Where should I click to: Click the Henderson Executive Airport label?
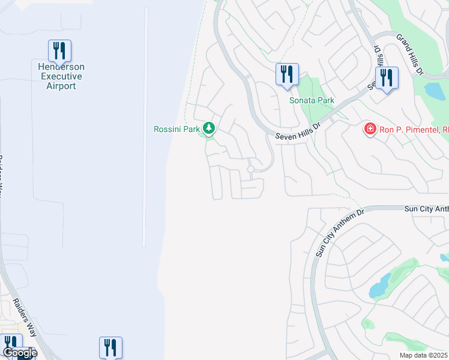[61, 77]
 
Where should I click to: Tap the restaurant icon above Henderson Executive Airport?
[59, 51]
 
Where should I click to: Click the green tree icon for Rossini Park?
[209, 128]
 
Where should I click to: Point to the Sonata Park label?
[312, 101]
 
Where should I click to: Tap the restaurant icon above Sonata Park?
[287, 74]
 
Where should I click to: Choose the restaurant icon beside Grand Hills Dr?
[386, 78]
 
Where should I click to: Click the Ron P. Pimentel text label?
[415, 128]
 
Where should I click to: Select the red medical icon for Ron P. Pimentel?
[370, 128]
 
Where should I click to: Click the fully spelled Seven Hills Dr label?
[299, 130]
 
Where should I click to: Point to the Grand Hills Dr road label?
[411, 53]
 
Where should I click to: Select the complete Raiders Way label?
[25, 312]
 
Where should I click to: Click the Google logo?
[19, 353]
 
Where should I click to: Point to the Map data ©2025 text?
[423, 355]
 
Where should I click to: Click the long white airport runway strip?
[145, 126]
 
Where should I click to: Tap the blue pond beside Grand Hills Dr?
[434, 90]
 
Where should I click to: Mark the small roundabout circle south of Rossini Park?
[250, 170]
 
